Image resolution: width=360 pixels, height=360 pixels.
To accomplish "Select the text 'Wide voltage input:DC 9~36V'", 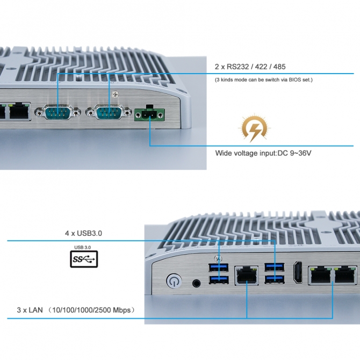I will pos(263,153).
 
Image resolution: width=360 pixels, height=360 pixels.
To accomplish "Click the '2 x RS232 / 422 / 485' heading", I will pos(250,67).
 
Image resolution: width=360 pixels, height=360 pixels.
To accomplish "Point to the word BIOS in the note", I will pos(292,80).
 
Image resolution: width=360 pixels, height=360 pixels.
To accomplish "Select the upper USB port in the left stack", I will pos(218,268).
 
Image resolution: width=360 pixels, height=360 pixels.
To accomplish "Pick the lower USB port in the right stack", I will pos(274,278).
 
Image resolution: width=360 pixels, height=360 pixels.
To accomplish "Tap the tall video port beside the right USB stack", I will pos(297,273).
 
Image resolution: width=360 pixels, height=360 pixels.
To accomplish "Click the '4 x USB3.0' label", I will pos(83,233).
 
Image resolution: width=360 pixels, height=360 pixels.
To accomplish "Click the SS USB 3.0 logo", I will pos(83,258).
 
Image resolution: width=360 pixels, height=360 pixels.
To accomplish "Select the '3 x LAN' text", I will pos(30,310).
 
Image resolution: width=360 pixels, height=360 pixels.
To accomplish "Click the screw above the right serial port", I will pos(113,95).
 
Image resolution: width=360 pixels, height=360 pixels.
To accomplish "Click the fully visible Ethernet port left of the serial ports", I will pos(20,111).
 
